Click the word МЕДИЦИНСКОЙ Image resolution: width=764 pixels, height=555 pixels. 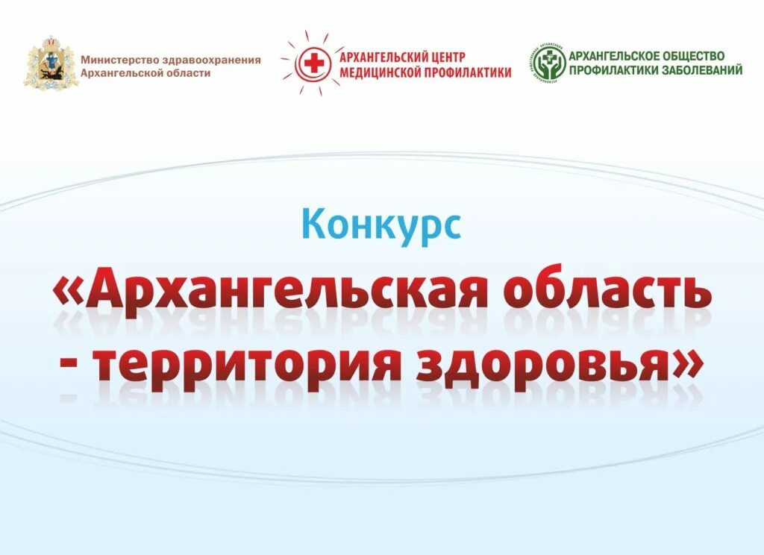point(381,72)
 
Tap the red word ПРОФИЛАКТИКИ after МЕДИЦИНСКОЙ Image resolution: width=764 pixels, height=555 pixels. point(469,72)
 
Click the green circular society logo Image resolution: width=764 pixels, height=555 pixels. point(548,65)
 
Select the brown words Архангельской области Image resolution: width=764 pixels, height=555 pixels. point(145,72)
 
